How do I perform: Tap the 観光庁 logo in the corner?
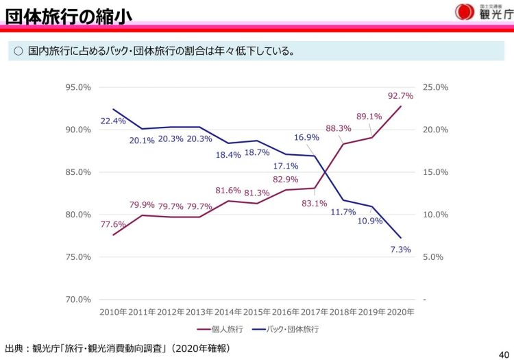(484, 12)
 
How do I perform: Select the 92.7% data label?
(400, 95)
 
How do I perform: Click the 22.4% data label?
(114, 121)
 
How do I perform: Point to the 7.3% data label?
(400, 250)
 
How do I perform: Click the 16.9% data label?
(306, 137)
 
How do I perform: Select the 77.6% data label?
(113, 224)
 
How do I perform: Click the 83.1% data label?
(314, 203)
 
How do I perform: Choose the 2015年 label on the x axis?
(257, 312)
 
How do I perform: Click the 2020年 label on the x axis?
(400, 312)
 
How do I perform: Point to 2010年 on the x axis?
(113, 312)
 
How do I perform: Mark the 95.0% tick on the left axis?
(77, 87)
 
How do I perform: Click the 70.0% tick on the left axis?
(77, 300)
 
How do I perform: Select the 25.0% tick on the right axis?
(436, 87)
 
